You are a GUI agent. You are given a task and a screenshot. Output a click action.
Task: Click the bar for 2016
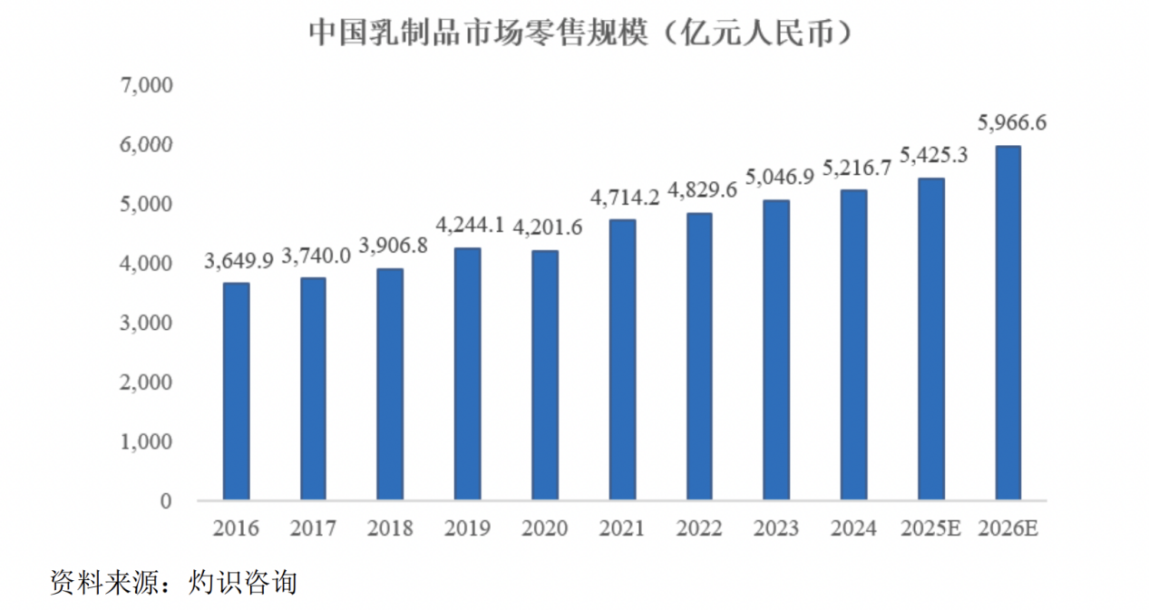[x=237, y=392]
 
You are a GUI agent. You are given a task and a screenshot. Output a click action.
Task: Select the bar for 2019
[x=467, y=373]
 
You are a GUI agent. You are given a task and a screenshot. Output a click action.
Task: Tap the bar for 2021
[x=622, y=359]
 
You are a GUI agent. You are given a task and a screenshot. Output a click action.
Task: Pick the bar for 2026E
[x=1008, y=323]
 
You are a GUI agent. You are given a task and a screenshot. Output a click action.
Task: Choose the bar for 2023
[x=776, y=350]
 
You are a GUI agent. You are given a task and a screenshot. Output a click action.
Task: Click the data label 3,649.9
[x=239, y=261]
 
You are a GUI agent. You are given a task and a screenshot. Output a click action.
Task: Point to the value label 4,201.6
[x=548, y=228]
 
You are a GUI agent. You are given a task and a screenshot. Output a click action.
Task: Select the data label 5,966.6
[x=1011, y=122]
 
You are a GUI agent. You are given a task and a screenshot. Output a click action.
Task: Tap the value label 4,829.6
[x=702, y=190]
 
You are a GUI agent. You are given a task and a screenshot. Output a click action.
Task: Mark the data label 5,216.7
[x=857, y=168]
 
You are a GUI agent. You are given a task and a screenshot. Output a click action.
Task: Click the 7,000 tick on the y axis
[x=146, y=85]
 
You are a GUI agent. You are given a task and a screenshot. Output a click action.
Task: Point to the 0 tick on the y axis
[x=166, y=501]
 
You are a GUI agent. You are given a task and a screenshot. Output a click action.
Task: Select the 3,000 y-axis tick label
[x=146, y=323]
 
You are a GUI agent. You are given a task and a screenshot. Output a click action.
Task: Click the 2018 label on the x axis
[x=390, y=528]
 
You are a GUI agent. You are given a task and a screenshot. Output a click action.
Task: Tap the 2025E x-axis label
[x=930, y=528]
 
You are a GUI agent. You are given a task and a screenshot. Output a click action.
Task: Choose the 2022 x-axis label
[x=699, y=528]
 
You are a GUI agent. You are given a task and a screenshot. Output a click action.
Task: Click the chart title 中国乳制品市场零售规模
[x=479, y=33]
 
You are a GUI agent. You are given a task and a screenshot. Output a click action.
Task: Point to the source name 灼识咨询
[x=243, y=582]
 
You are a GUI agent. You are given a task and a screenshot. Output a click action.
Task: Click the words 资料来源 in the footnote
[x=104, y=582]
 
